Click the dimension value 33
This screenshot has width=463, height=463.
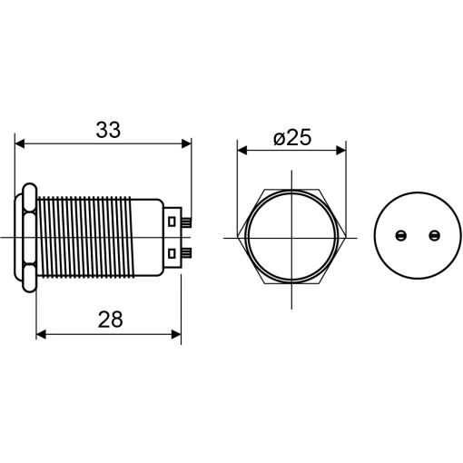point(108,130)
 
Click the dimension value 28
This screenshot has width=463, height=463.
point(111,320)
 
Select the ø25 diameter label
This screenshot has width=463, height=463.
point(292,138)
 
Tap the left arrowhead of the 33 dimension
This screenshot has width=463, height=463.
point(20,144)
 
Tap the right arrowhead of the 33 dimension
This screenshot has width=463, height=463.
point(186,144)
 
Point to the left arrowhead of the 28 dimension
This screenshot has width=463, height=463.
point(41,334)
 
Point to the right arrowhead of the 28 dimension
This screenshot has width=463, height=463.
point(176,334)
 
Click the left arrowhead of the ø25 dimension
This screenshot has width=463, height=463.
point(242,150)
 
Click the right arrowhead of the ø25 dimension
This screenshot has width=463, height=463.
point(341,150)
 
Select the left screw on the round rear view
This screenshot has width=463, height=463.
point(401,235)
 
